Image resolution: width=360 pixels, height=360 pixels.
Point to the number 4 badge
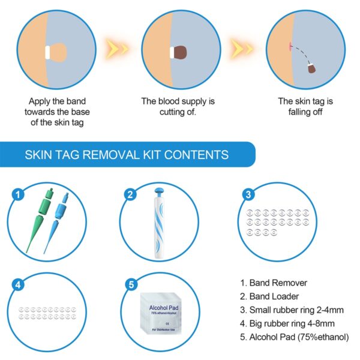[18, 284]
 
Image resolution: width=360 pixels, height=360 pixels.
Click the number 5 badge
[129, 284]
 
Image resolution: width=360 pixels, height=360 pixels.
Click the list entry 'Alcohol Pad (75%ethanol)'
[293, 337]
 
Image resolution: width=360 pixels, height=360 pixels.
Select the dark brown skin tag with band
[181, 52]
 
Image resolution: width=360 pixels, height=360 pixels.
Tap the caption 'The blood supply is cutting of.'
[178, 107]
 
